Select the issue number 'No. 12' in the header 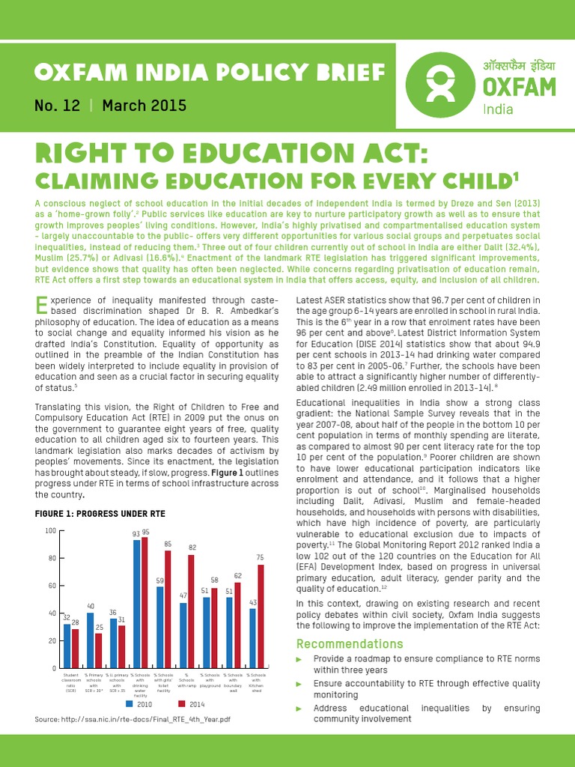(x=57, y=106)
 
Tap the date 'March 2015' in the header (x=144, y=106)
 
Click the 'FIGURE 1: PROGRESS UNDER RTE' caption (x=100, y=513)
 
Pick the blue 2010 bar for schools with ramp (x=183, y=635)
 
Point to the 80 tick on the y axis (x=51, y=558)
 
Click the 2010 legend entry (x=142, y=704)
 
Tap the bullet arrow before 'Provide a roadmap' (x=300, y=659)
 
